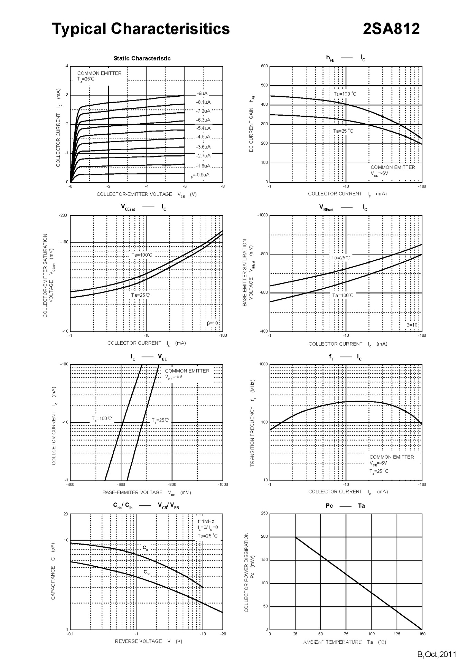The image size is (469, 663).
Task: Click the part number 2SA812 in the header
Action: pos(391,29)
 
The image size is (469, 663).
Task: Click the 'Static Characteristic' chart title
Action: pos(142,58)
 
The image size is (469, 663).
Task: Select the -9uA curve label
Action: pos(202,93)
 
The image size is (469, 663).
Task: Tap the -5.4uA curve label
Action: pos(203,128)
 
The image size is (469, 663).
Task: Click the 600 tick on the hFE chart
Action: pos(264,66)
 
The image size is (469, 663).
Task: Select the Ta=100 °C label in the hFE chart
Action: pos(345,94)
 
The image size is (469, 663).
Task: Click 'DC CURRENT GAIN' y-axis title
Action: pos(251,129)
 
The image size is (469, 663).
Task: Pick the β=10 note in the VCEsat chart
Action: pos(212,323)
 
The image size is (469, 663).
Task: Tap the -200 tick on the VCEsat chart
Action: pos(63,215)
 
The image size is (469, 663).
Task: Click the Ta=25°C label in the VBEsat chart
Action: pos(340,258)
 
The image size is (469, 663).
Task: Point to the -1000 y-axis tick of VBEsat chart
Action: pos(262,215)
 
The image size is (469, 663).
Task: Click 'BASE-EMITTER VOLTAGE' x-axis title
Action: pos(132,492)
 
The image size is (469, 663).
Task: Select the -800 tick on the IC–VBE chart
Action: pos(172,484)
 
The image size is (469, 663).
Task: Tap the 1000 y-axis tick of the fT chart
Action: pos(263,364)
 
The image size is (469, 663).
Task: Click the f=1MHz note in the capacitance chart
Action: pos(206,521)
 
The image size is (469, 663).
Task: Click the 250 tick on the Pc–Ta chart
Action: pos(264,513)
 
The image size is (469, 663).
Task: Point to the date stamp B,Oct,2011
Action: pos(437,654)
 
